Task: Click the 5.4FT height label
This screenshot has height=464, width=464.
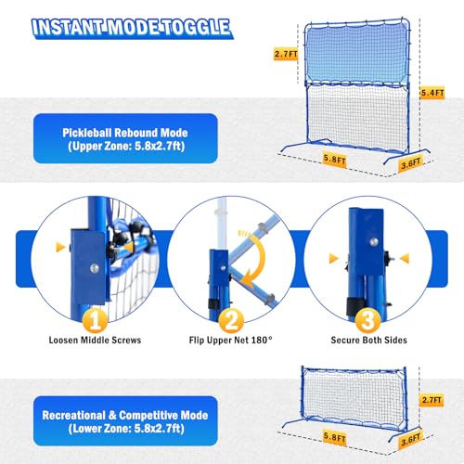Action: point(432,93)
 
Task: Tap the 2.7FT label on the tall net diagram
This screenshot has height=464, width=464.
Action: point(286,54)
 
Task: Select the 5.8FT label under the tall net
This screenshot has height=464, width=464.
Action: point(334,160)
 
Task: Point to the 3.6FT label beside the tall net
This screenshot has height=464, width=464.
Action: point(411,163)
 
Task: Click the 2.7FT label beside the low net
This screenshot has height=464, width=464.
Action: point(432,400)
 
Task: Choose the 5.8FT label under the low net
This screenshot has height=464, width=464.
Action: point(334,437)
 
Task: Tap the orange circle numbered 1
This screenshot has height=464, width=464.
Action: point(95,320)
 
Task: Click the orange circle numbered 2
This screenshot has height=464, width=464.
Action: point(231,320)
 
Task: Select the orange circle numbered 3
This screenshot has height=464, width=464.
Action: point(367,320)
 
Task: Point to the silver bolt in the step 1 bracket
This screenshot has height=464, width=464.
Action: point(95,268)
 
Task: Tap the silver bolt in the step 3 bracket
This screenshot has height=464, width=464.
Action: point(373,241)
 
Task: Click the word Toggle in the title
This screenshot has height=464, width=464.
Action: point(197,28)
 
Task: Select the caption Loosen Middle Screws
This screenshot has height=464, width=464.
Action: point(95,341)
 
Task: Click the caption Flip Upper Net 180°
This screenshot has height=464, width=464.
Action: point(231,341)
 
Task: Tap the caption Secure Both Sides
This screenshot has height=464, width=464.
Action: point(368,341)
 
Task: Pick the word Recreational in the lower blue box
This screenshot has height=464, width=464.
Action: point(74,416)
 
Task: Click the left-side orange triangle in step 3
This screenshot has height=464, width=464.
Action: point(333,258)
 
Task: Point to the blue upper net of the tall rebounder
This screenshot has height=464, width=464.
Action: point(356,53)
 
